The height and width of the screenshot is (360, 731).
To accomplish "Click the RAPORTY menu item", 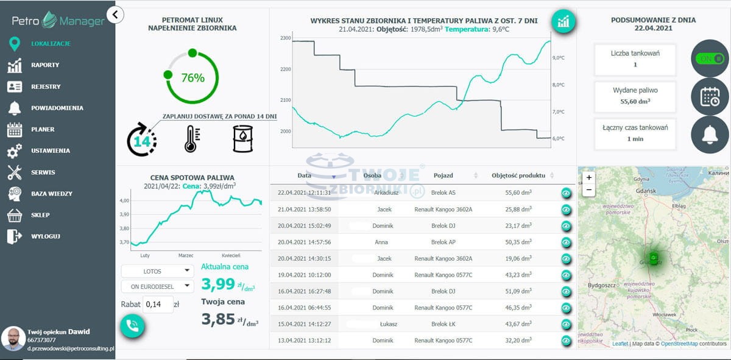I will point(45,65).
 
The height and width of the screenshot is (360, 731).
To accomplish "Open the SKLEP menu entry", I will point(40,215).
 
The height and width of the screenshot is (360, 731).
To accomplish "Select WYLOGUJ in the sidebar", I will point(46,236).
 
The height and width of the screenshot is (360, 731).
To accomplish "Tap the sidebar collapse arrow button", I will point(115,14).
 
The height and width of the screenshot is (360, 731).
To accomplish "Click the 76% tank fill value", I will point(192,77).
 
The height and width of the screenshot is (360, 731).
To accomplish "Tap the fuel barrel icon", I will point(242,139).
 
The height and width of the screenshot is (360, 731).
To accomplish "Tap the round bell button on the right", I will point(710,135).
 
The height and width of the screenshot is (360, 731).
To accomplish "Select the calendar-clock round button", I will point(710,97).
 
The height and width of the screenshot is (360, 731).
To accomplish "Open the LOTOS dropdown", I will point(157,270).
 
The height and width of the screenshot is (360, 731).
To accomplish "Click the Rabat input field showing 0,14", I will point(158,304).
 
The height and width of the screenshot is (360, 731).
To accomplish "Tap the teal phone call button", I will point(132,325).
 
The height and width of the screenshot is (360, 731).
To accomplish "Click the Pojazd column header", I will point(443,175).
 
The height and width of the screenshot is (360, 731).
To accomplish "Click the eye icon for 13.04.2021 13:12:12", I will point(566,341).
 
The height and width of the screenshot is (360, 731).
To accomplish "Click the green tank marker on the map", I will point(653,258).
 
